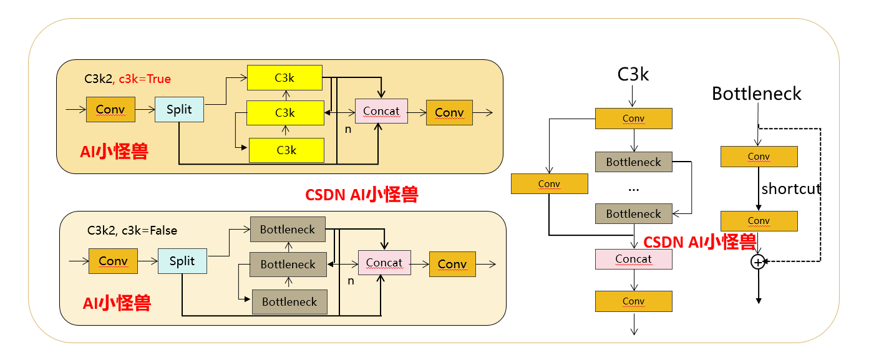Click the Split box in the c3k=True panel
point(179,109)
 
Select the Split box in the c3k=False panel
point(182,261)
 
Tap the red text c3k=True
point(145,79)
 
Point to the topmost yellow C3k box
point(284,77)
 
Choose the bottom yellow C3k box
point(286,150)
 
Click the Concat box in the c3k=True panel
point(381,110)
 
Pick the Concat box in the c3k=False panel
point(384,263)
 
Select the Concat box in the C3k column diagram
point(633,259)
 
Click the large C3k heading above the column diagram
point(633,75)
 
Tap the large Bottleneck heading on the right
point(756,94)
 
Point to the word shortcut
point(790,189)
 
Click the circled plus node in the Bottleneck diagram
point(758,262)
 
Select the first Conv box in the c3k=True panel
point(110,110)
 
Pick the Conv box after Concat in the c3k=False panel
point(452,264)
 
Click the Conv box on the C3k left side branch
point(549,183)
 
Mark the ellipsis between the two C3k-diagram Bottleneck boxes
point(633,188)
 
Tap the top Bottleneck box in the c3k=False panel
point(288,230)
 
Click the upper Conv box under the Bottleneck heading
point(759,157)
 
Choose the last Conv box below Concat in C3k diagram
point(633,301)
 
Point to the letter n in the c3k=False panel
point(351,281)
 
